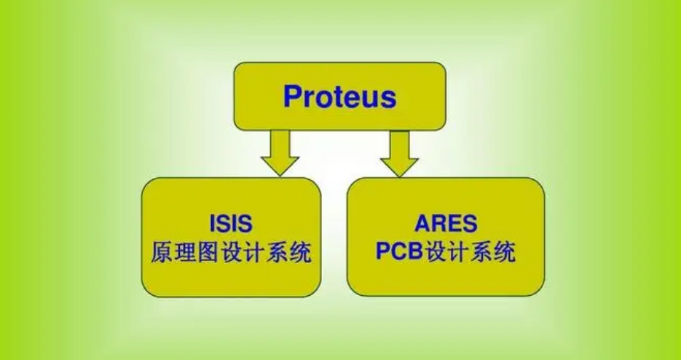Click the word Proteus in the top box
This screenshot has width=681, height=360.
[x=339, y=97]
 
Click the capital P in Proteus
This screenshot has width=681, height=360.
[x=292, y=97]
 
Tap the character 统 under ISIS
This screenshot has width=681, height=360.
[x=299, y=252]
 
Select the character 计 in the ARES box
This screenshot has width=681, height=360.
[x=462, y=252]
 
